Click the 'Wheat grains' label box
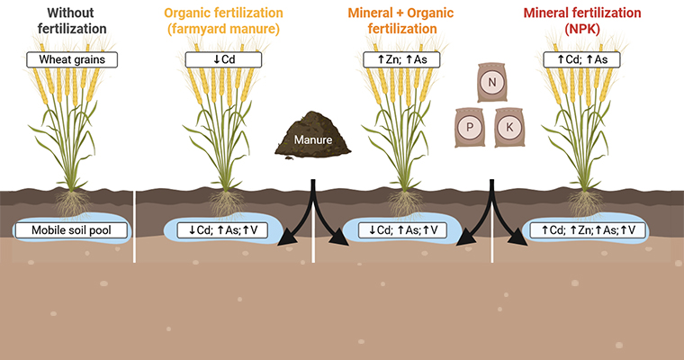point(72,59)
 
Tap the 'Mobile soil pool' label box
point(71,230)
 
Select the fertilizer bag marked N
point(492,82)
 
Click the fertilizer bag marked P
point(470,128)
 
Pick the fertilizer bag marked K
point(509,128)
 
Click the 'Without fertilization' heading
point(72,21)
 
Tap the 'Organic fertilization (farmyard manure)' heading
point(224,21)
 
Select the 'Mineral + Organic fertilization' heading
point(400,21)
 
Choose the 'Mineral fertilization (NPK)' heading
point(582,21)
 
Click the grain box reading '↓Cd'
point(224,59)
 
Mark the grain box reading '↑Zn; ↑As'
point(401,59)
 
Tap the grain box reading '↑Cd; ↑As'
point(582,59)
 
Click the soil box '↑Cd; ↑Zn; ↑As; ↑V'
point(588,230)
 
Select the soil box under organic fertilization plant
point(222,230)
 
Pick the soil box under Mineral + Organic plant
point(402,230)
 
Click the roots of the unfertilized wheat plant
point(72,204)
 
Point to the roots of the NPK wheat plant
point(584,204)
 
